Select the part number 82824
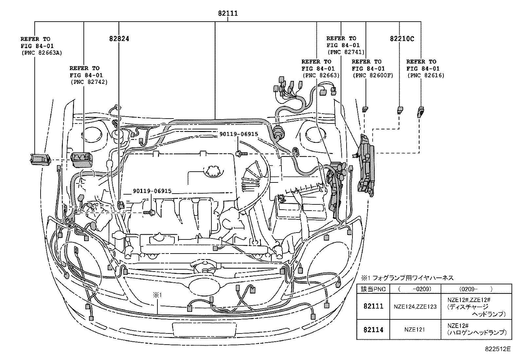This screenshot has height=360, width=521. pyautogui.click(x=119, y=39)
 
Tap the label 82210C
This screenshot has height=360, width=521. pyautogui.click(x=402, y=39)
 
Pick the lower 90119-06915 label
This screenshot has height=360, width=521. pyautogui.click(x=152, y=191)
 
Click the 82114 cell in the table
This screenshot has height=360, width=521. pyautogui.click(x=373, y=329)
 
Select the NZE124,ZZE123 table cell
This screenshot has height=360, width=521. pyautogui.click(x=415, y=307)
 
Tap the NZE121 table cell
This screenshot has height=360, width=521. pyautogui.click(x=415, y=329)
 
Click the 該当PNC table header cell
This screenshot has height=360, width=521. pyautogui.click(x=373, y=289)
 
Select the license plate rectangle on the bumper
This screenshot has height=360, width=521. pyautogui.click(x=204, y=329)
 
